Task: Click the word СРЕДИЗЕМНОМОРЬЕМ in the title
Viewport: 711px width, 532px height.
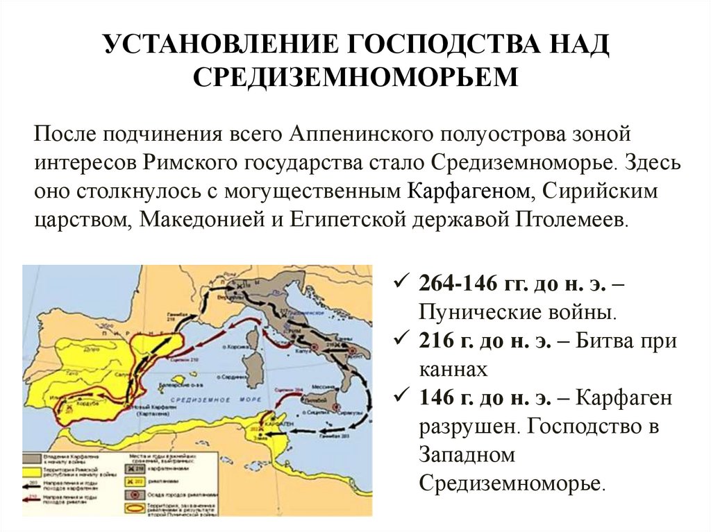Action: [x=355, y=76]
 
